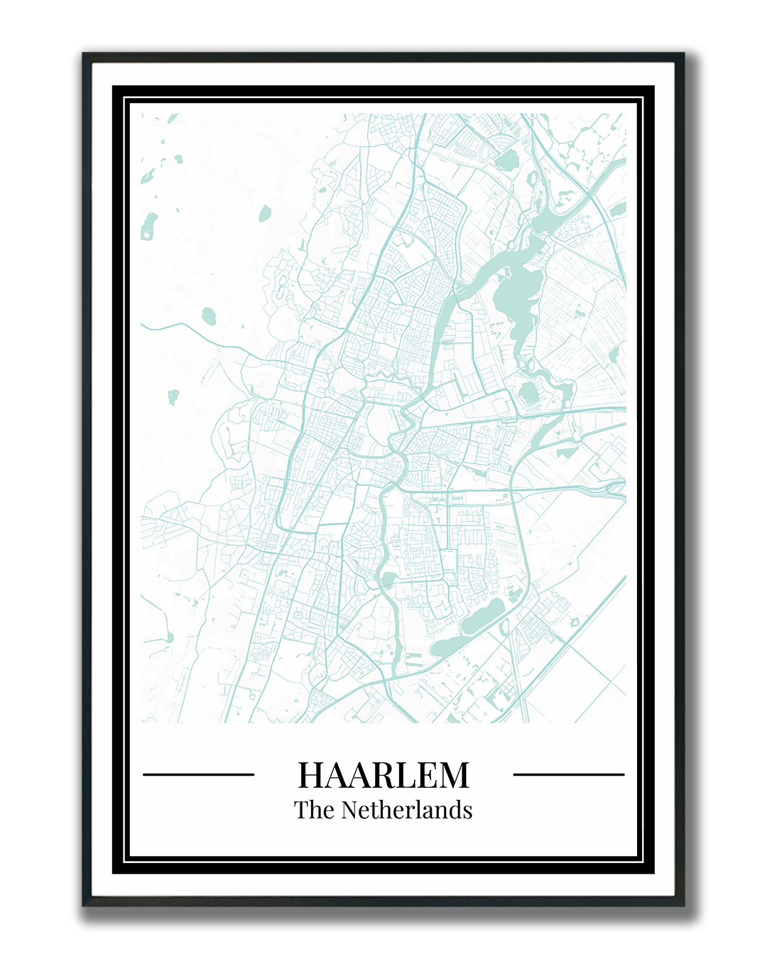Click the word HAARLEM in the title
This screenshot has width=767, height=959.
click(383, 775)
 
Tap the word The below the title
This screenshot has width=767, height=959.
click(313, 810)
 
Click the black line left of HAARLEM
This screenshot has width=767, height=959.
click(198, 774)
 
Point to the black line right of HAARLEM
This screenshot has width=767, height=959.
click(568, 774)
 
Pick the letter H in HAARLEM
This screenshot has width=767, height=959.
click(311, 775)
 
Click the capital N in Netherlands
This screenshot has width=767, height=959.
click(349, 810)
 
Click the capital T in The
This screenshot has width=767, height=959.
click(301, 810)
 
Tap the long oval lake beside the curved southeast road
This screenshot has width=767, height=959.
click(483, 616)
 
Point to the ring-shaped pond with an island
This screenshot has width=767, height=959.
click(148, 226)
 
